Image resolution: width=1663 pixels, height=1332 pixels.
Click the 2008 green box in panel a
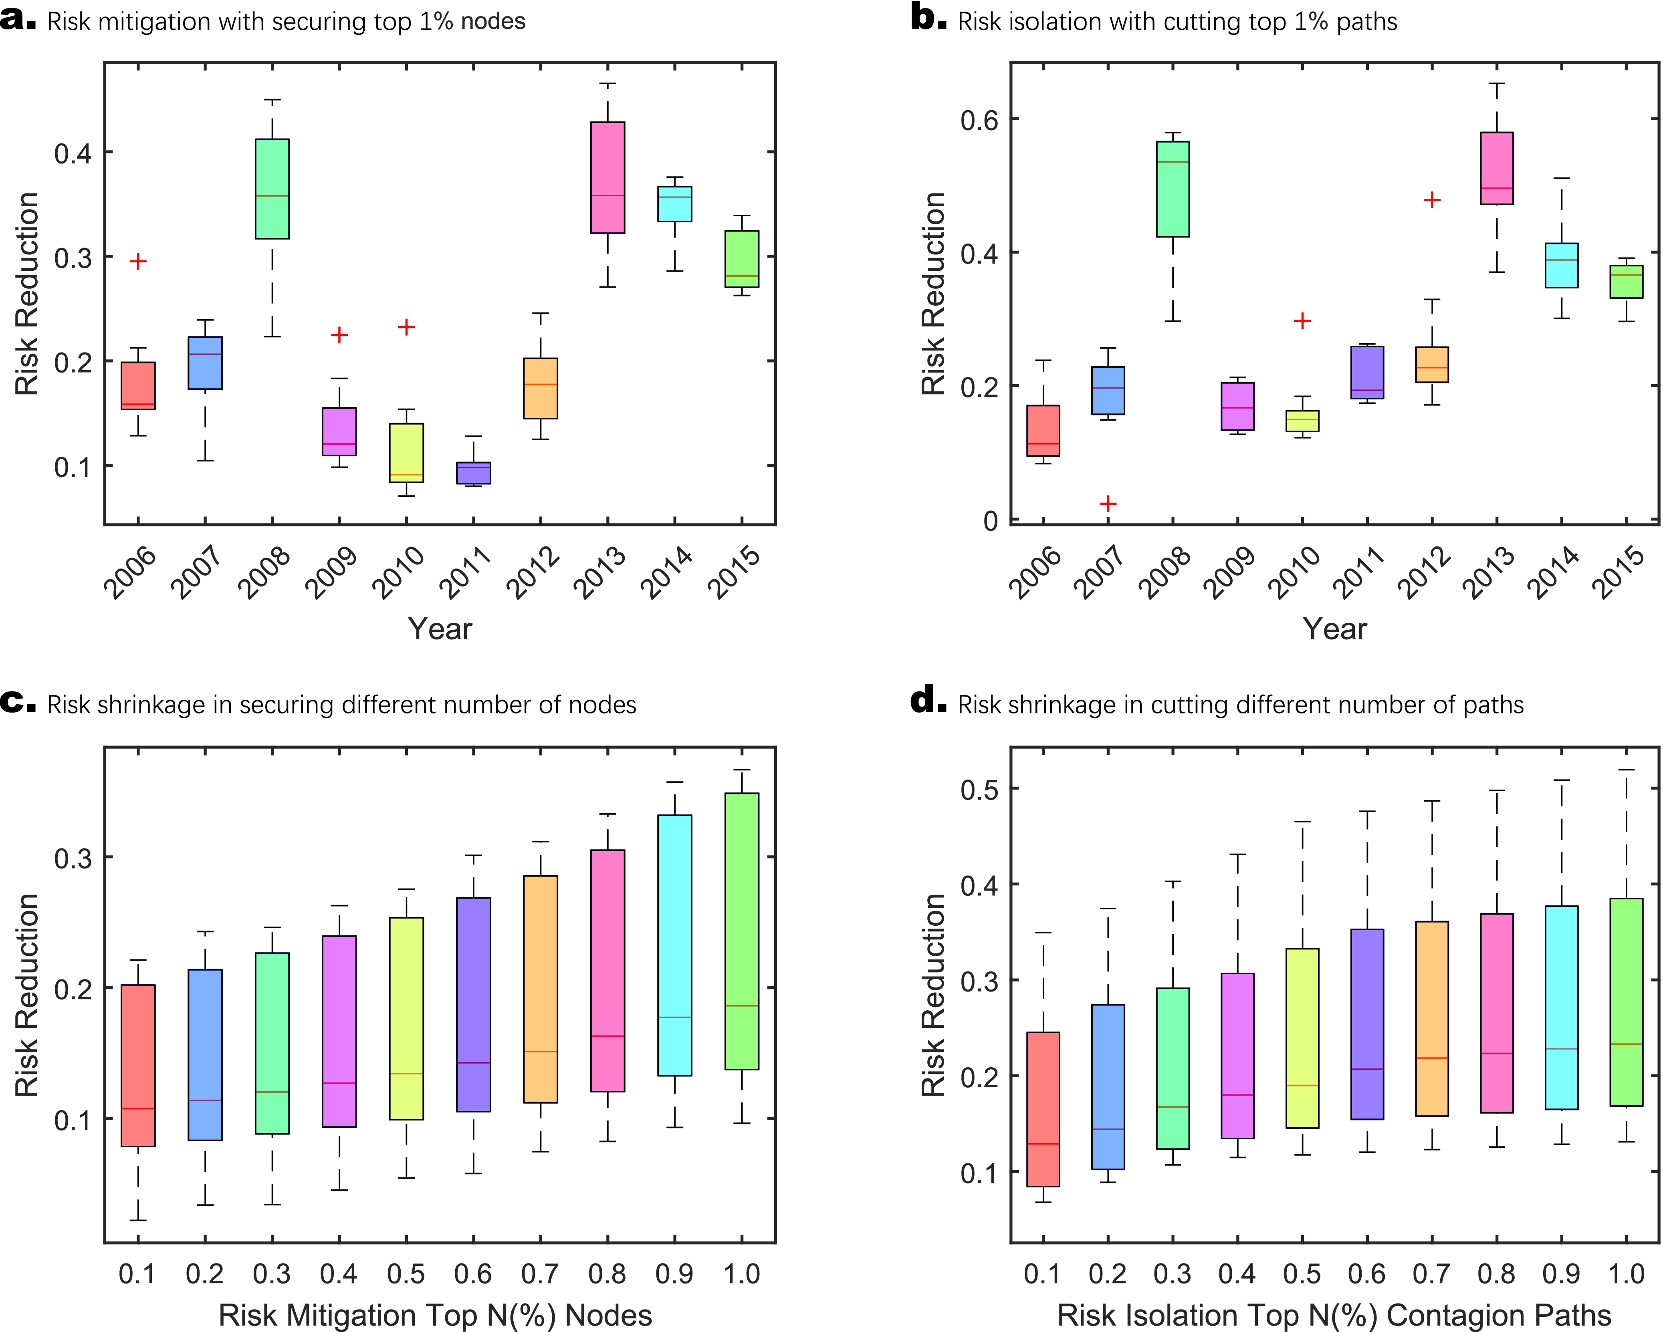[272, 189]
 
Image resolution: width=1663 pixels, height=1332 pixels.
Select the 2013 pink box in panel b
[1496, 168]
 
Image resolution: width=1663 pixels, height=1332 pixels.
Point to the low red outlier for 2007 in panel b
[1108, 504]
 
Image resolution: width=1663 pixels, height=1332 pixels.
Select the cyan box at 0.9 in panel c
[675, 945]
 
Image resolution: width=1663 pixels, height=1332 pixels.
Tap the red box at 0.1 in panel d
[1043, 1109]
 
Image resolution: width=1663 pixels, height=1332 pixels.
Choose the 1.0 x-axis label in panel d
[1626, 1274]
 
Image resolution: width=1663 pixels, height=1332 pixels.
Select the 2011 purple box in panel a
[474, 473]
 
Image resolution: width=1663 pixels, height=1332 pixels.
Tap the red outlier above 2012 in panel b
[1432, 201]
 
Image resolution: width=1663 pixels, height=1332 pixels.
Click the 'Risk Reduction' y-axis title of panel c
[27, 995]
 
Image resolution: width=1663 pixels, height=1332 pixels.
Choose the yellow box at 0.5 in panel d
[1302, 1038]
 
